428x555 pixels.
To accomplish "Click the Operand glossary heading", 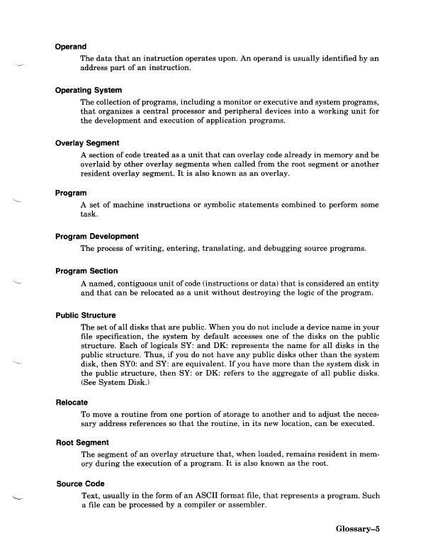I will [x=72, y=47].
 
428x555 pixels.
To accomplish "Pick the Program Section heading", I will [x=87, y=270].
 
